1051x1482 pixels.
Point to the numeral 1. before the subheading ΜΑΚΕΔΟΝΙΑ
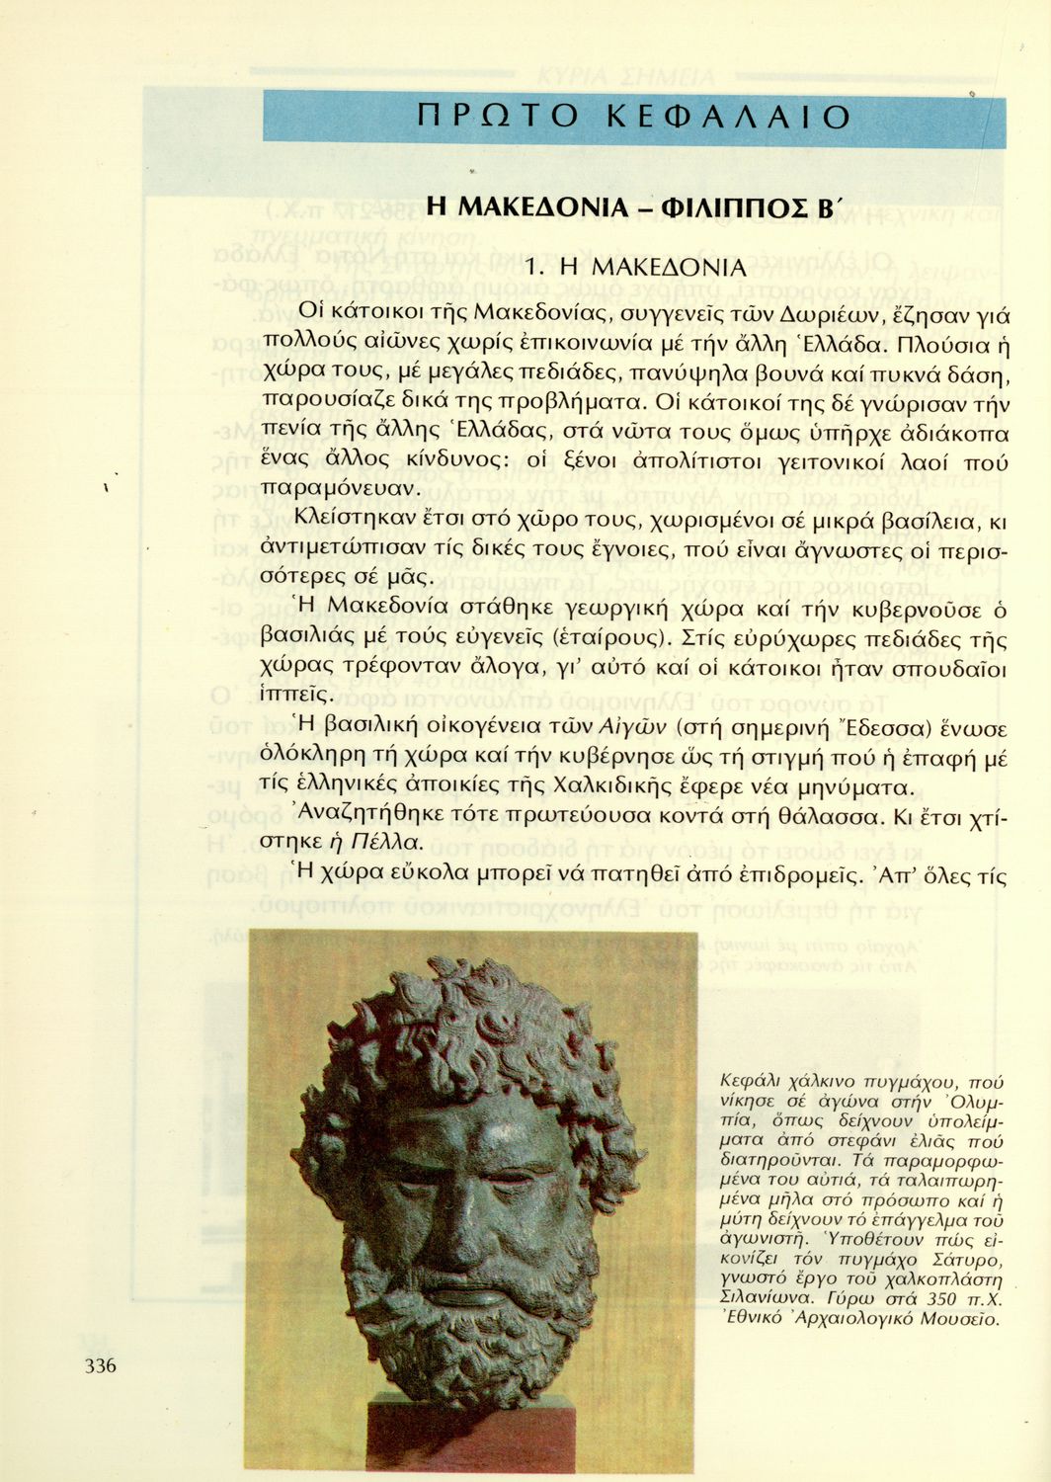tap(535, 268)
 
